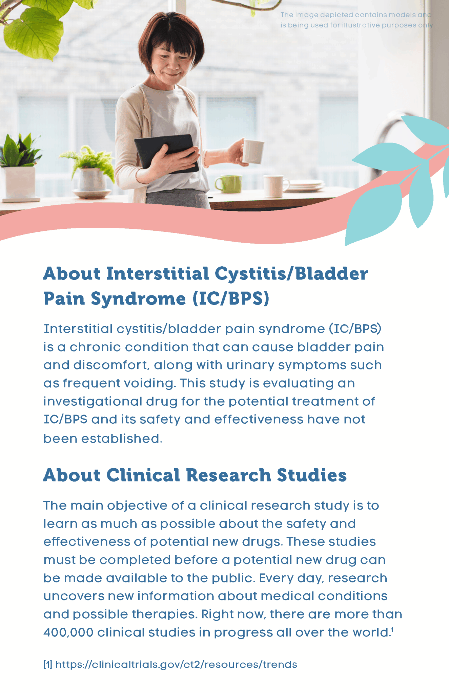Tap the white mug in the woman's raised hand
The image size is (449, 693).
point(253,151)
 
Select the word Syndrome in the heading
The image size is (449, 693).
point(138,298)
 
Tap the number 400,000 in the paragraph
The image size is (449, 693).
point(68,632)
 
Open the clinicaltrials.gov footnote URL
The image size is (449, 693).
point(176,665)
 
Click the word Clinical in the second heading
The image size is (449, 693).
point(143,475)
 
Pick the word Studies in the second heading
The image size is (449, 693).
point(312,475)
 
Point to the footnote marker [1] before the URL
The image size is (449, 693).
point(48,665)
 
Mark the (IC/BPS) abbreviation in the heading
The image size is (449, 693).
point(231,298)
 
